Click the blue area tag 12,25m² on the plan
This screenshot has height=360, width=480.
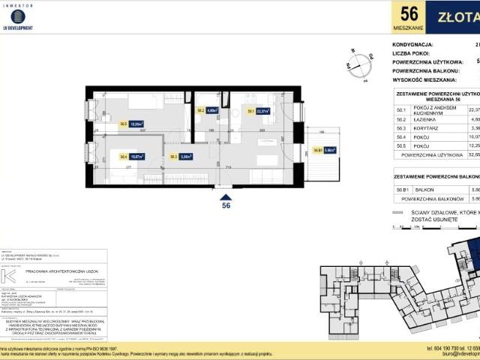(x=137, y=125)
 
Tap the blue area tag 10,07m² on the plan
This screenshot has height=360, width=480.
(x=136, y=157)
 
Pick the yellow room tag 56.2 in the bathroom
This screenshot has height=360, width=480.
(x=201, y=111)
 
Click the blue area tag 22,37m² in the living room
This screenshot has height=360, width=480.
(x=263, y=111)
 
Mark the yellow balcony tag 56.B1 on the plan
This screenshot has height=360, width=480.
(x=317, y=150)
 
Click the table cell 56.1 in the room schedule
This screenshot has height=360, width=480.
(x=401, y=109)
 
